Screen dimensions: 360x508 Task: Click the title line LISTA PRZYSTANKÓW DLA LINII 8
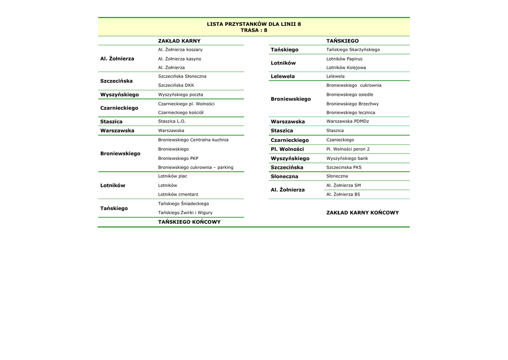[x=254, y=24]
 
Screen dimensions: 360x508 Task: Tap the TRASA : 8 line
[x=254, y=30]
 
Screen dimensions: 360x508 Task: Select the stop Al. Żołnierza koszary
[x=180, y=50]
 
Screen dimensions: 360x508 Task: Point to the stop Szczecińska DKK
[x=176, y=85]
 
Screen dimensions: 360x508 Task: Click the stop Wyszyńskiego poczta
[x=181, y=94]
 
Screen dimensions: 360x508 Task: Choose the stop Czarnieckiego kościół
[x=181, y=113]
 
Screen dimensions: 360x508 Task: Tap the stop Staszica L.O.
[x=172, y=121]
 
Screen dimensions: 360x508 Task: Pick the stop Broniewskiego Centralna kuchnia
[x=193, y=140]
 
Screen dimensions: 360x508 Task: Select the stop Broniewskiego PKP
[x=178, y=158]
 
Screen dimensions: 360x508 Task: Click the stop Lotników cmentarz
[x=178, y=195]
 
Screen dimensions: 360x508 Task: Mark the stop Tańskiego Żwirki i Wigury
[x=185, y=213]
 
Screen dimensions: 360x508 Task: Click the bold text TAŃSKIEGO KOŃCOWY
[x=190, y=222]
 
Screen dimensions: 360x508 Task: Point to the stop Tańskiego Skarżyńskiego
[x=353, y=50]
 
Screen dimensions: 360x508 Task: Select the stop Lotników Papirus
[x=344, y=59]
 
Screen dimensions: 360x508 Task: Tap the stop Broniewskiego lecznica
[x=351, y=113]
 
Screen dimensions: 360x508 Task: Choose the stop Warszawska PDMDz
[x=348, y=121]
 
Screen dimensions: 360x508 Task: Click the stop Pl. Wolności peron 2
[x=348, y=149]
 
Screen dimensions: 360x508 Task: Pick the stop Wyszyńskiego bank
[x=347, y=158]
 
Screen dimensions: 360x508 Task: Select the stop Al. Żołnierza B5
[x=343, y=195]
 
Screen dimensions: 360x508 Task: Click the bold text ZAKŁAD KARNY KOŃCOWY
[x=363, y=213]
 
